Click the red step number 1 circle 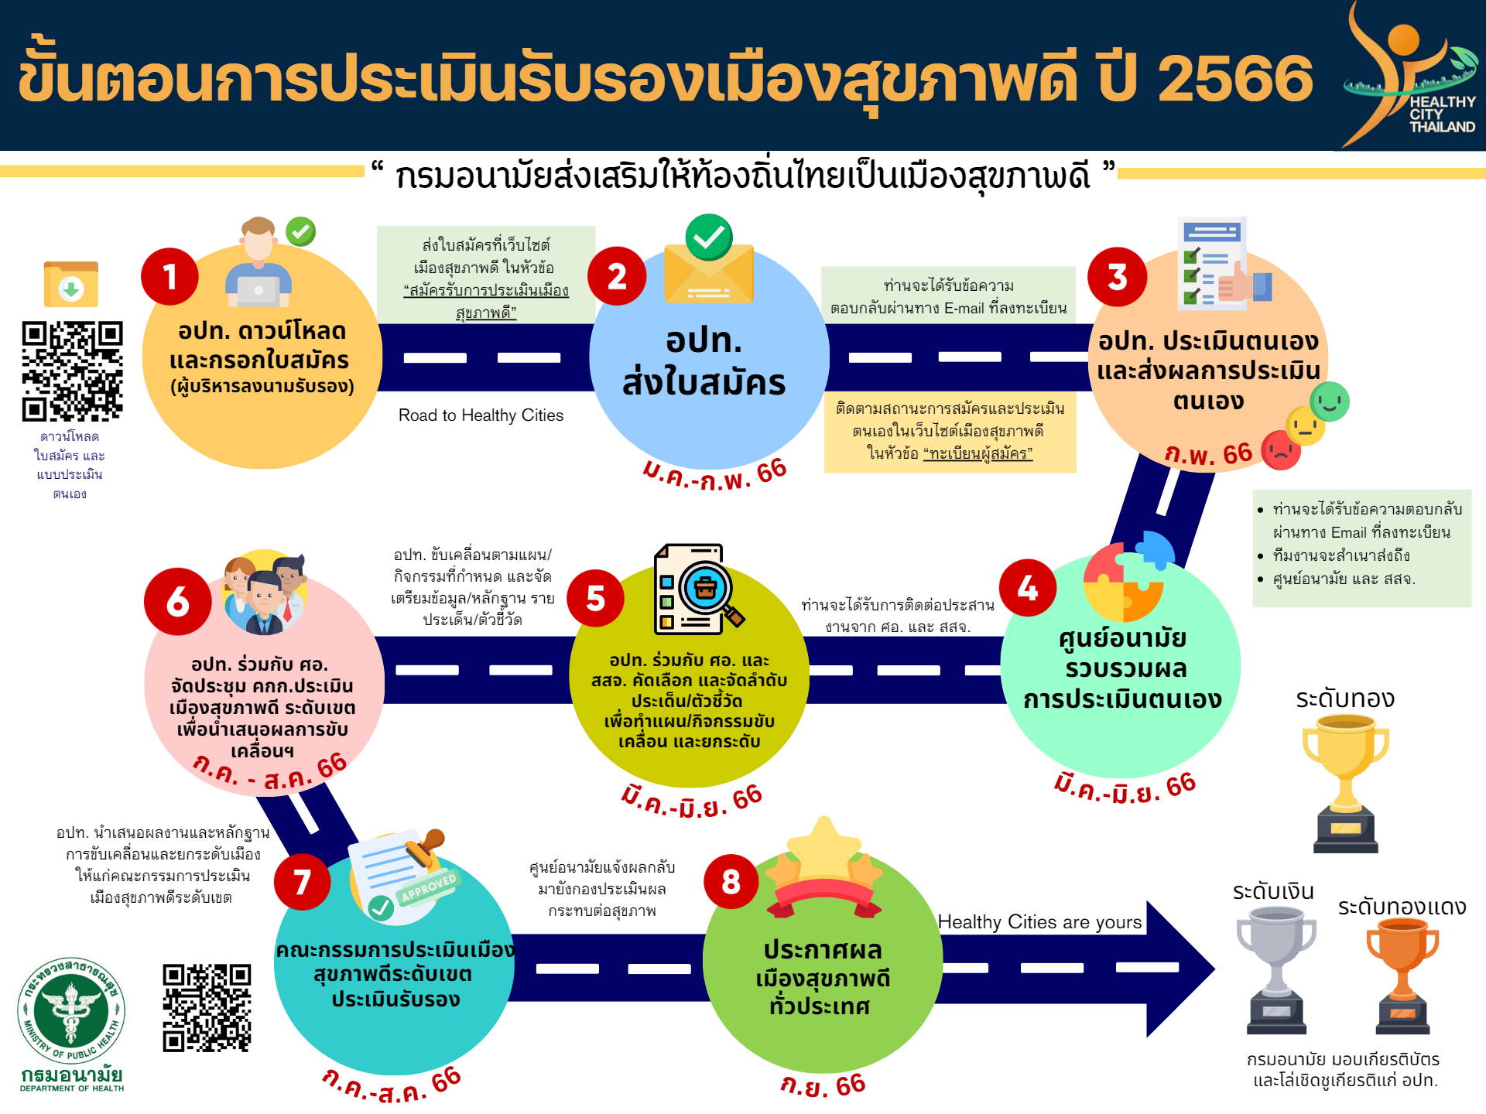pos(169,276)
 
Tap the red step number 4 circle pos(1027,588)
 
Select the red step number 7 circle pos(303,882)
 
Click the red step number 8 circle pos(731,882)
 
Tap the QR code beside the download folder pos(72,371)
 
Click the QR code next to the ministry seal pos(207,1008)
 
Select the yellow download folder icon pos(71,285)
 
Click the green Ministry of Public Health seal pos(71,1010)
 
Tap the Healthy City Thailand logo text pos(1442,114)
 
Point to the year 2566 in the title pos(1235,78)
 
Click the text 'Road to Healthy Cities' pos(481,415)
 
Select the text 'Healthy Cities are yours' pos(1039,922)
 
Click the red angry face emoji pos(1281,450)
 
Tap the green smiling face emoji pos(1330,402)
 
